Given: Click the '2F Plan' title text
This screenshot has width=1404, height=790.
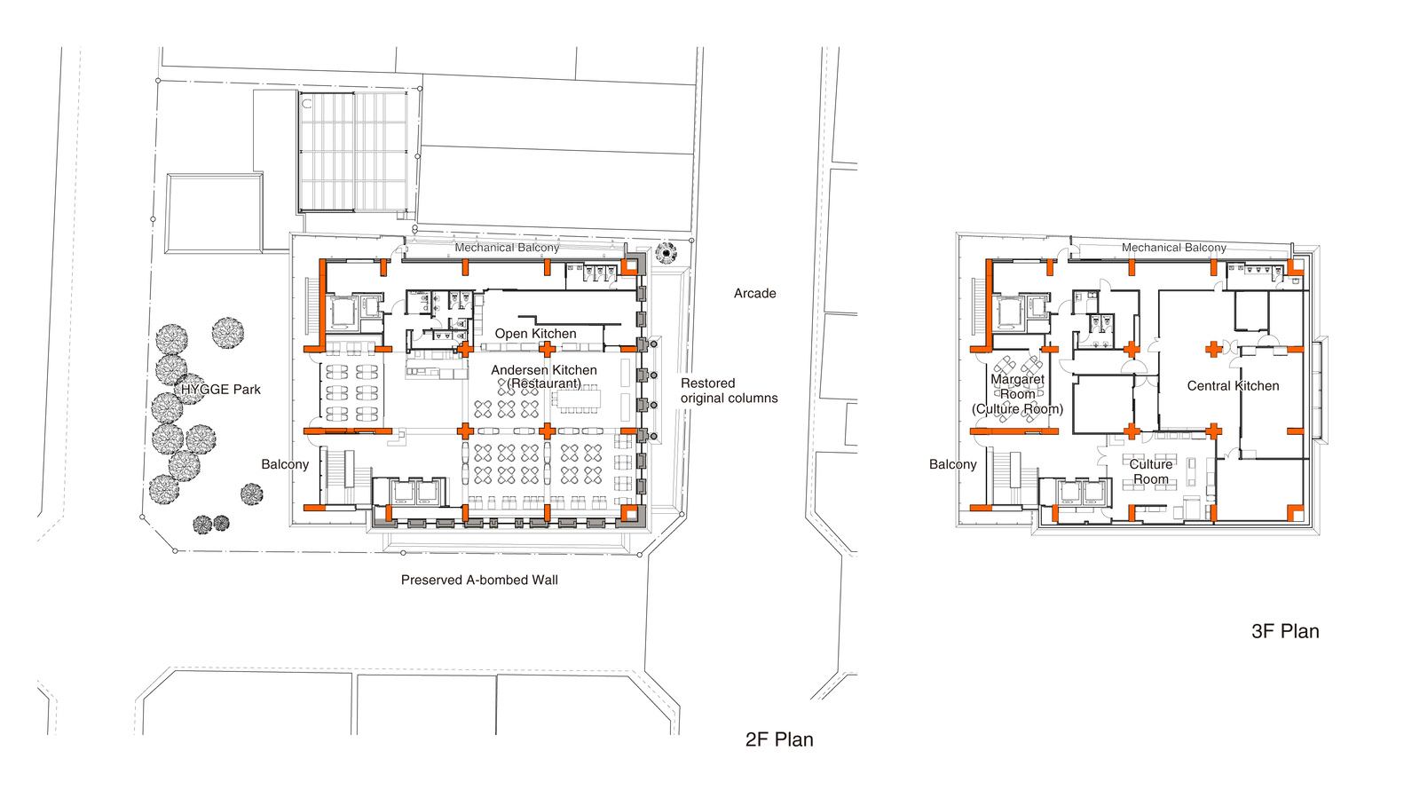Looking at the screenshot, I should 778,739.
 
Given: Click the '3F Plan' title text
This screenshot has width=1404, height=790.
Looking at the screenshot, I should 1284,631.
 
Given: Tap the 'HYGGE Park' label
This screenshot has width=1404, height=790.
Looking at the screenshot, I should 221,389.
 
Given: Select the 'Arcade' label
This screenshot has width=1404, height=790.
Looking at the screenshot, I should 754,293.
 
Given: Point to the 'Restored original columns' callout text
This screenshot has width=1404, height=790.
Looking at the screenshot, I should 729,391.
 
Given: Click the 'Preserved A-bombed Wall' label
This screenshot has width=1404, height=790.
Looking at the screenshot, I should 479,580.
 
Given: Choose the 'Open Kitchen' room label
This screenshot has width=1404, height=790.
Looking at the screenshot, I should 535,334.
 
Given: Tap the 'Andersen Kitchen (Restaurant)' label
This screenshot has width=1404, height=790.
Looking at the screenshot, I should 544,376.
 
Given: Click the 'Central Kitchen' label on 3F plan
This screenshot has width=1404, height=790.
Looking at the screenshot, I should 1233,385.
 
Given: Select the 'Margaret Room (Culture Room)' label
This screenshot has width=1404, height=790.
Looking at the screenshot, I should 1017,394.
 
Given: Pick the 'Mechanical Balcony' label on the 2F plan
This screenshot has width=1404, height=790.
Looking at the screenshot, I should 507,248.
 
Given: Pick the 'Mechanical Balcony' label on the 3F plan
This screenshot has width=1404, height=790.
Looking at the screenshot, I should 1173,248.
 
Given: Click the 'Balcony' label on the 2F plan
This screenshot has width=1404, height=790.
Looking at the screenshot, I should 285,464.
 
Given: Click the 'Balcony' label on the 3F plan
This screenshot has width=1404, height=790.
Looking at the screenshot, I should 952,464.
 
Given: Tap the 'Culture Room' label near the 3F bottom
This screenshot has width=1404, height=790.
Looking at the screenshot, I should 1150,471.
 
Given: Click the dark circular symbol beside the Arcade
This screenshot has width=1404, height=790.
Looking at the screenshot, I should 666,254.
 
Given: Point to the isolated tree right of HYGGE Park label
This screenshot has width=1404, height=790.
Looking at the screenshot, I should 228,333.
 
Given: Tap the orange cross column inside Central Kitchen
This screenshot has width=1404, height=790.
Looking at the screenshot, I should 1213,349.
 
